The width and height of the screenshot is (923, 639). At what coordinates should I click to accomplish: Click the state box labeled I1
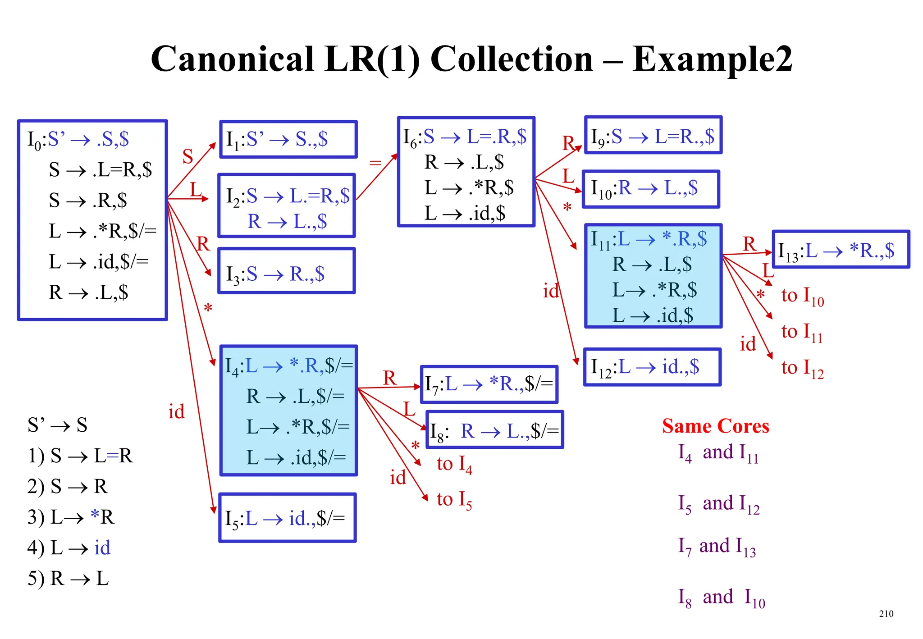(288, 139)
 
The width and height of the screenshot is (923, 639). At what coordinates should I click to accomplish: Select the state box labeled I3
(287, 271)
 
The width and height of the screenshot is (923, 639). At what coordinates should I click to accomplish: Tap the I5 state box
(288, 518)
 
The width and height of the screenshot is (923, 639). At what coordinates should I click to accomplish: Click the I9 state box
(653, 135)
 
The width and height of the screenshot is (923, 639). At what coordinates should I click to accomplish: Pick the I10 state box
(651, 189)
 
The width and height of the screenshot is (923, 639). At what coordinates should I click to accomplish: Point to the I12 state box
(652, 367)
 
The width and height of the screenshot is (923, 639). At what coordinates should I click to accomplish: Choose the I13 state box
(841, 249)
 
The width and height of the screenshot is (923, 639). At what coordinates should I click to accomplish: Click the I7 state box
(489, 384)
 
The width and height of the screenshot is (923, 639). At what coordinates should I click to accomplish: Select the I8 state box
(494, 430)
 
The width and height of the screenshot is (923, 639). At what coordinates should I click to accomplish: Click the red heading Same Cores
(715, 426)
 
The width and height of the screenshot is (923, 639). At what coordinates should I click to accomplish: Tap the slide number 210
(886, 613)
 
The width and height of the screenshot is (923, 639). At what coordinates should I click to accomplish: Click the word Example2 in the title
(712, 59)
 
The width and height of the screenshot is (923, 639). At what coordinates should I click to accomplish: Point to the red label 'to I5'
(454, 500)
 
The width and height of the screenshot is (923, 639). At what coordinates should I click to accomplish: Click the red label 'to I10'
(802, 296)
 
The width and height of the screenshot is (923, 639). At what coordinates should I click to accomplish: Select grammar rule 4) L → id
(69, 548)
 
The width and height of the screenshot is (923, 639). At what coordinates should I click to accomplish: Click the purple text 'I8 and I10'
(721, 598)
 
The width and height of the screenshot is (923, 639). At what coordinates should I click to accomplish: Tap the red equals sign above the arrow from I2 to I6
(375, 162)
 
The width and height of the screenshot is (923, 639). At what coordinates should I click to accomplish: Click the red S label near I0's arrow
(187, 156)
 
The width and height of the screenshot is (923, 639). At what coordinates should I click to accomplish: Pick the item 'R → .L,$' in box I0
(88, 292)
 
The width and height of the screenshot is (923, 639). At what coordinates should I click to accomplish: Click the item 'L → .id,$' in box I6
(465, 213)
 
